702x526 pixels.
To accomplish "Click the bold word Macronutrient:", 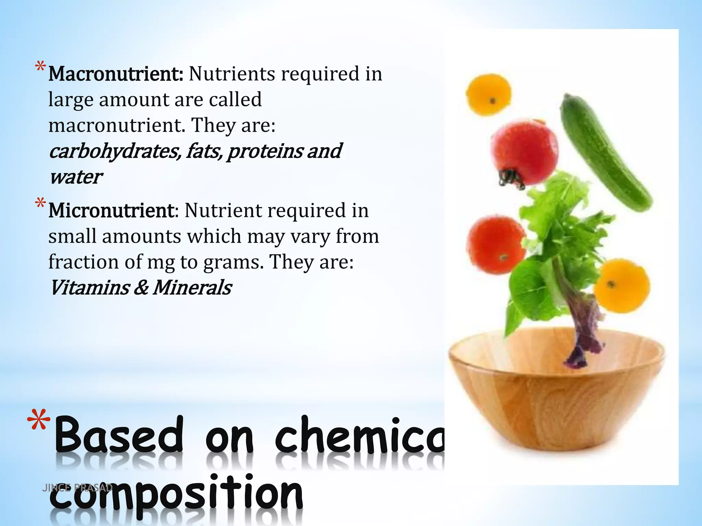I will point(116,74).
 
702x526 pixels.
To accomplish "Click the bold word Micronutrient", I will point(112,211).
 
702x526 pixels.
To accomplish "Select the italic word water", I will point(75,177).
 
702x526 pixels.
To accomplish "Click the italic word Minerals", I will point(192,288).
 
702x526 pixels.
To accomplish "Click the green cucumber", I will point(605,152).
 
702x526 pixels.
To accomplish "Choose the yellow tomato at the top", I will point(488,95).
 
